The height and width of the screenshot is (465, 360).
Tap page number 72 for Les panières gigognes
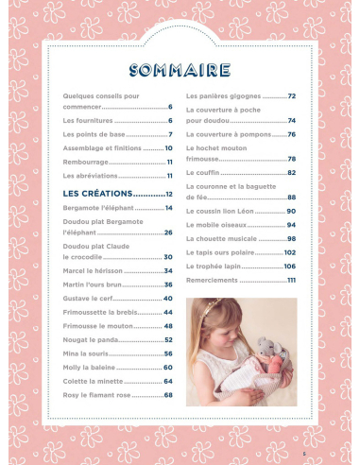tap(292, 96)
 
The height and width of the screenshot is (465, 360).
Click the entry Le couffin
tap(204, 173)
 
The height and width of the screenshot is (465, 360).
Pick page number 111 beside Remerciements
tap(291, 281)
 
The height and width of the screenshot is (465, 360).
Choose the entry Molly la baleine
tap(93, 367)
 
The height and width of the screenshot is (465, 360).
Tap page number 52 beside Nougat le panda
tap(167, 339)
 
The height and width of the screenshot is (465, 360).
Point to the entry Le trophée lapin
tap(216, 267)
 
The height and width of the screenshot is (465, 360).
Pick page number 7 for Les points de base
tap(169, 134)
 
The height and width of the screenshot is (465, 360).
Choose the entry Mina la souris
tap(91, 353)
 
